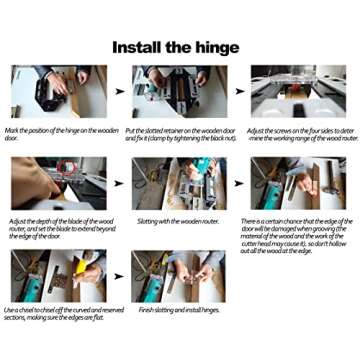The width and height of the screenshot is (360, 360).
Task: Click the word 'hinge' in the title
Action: (x=213, y=47)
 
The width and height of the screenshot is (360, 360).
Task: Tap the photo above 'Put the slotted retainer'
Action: (x=172, y=93)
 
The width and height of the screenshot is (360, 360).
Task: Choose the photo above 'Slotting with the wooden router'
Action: (x=172, y=184)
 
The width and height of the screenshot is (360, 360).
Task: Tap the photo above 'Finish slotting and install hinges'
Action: (x=172, y=276)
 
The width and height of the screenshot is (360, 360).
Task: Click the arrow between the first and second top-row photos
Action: (x=119, y=92)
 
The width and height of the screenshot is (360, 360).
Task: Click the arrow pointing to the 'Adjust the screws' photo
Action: (x=237, y=92)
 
